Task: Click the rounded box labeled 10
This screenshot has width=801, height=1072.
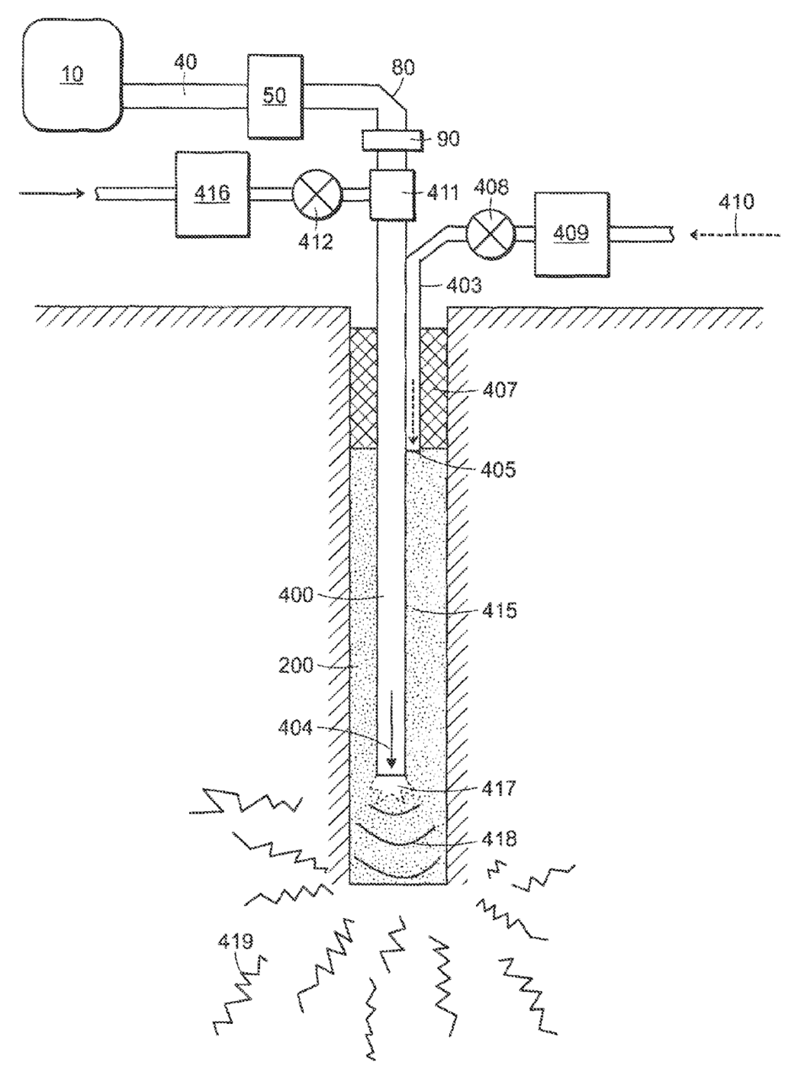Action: pyautogui.click(x=72, y=75)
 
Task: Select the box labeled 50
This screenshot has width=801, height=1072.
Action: pyautogui.click(x=275, y=97)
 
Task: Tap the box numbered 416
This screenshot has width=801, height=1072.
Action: pyautogui.click(x=213, y=195)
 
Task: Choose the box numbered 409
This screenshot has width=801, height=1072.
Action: pyautogui.click(x=571, y=234)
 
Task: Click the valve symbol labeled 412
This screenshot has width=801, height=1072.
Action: pyautogui.click(x=317, y=194)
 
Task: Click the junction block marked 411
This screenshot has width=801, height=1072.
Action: pyautogui.click(x=393, y=195)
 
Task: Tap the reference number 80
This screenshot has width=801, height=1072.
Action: pyautogui.click(x=403, y=68)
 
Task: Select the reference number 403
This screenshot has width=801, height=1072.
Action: pyautogui.click(x=464, y=285)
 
